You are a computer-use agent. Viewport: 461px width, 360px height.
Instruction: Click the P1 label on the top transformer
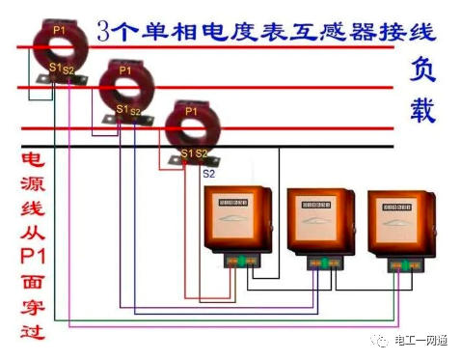[60, 30]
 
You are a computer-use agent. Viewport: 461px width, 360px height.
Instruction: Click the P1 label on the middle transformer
[125, 70]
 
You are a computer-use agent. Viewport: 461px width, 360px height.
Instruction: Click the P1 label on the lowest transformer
[191, 112]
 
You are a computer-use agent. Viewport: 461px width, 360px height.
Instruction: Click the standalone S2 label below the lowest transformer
[208, 174]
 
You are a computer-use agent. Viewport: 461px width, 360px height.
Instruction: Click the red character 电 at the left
[31, 162]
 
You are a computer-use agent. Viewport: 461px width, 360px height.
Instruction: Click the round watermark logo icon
[378, 341]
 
